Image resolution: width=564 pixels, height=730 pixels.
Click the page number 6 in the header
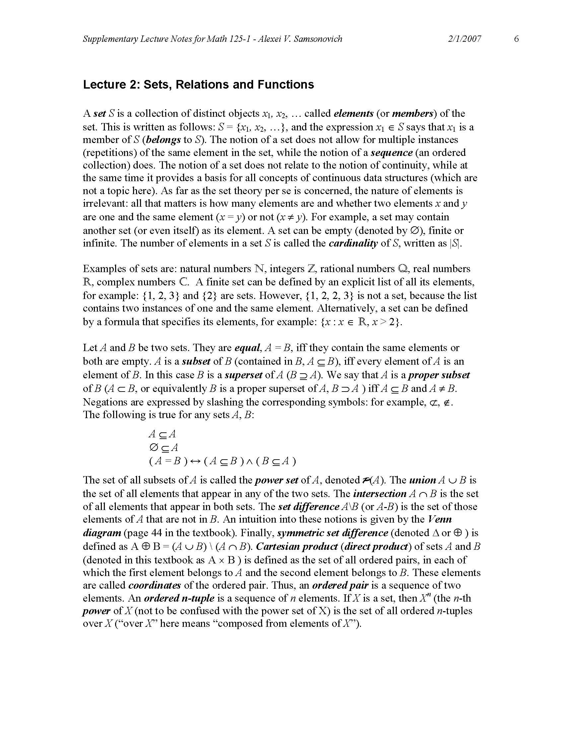tap(517, 39)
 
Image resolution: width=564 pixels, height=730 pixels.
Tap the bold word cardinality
tap(353, 243)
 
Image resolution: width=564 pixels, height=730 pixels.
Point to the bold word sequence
tap(391, 153)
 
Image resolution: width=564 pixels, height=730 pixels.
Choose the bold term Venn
tap(440, 519)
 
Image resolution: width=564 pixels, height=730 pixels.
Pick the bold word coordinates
tap(154, 585)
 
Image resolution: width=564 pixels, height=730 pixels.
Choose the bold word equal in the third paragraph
tap(247, 348)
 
